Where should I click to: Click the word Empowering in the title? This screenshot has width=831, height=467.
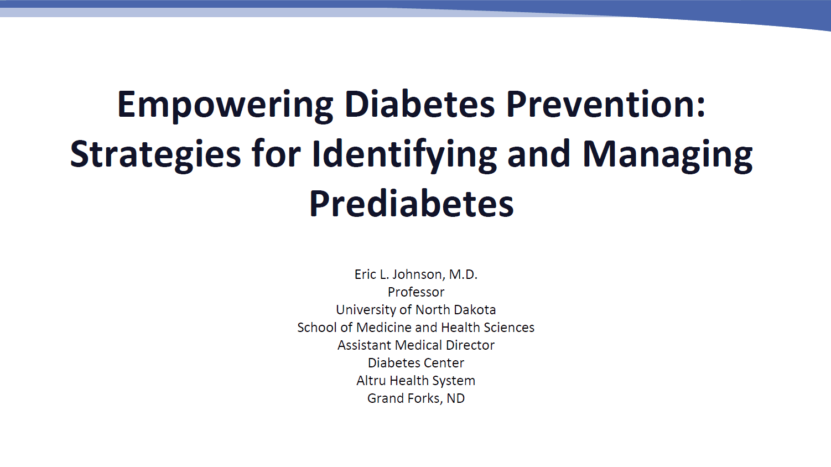coord(225,105)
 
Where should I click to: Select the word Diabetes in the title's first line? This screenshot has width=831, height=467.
coord(419,104)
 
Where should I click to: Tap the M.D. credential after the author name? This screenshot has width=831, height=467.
coord(463,274)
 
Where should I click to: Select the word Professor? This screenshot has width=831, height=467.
coord(416,292)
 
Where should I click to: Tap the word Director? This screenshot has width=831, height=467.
coord(470,345)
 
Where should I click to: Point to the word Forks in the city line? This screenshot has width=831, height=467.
coord(425,398)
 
